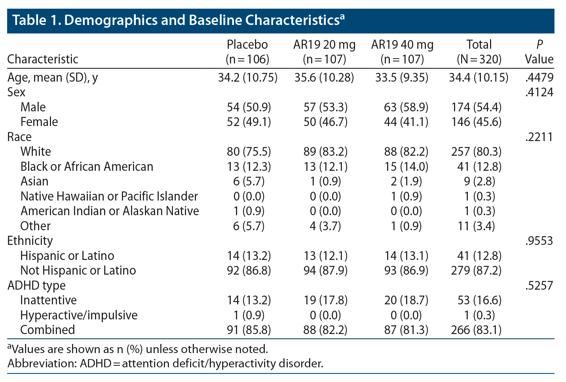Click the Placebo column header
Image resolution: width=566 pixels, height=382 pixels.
[247, 52]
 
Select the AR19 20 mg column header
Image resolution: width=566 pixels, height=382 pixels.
[324, 52]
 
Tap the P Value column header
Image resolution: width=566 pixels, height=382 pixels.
[539, 52]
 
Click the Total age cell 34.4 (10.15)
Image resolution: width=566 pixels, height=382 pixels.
[479, 77]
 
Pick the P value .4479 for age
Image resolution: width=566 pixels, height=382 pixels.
[539, 77]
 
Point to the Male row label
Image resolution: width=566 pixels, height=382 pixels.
[33, 107]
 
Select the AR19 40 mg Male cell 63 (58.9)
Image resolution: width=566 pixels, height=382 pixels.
[406, 107]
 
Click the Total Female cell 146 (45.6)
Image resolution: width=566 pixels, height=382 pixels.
[476, 122]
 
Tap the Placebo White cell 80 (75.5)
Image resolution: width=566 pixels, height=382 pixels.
[249, 151]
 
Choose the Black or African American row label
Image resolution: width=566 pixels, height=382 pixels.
[87, 166]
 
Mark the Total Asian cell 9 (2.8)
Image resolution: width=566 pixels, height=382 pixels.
[479, 181]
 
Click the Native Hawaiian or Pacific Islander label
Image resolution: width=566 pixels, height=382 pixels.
[109, 196]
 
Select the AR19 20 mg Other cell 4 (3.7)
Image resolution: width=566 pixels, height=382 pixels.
[325, 226]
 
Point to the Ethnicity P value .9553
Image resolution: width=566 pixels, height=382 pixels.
[539, 241]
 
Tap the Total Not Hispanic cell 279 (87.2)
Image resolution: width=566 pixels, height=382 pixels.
[476, 270]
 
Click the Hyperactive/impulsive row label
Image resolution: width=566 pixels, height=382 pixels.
[79, 315]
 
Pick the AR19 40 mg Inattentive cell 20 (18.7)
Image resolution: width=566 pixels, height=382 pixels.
[406, 300]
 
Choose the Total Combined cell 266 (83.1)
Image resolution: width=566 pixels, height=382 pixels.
[476, 330]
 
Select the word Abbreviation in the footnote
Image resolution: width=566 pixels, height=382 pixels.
[41, 363]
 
